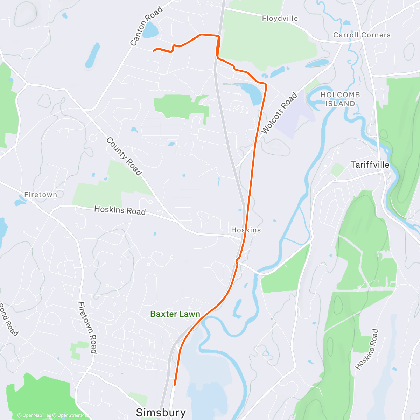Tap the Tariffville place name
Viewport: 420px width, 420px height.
point(370,164)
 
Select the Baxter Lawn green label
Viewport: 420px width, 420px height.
point(175,314)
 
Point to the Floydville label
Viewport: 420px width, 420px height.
point(280,18)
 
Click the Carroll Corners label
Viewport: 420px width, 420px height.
point(362,35)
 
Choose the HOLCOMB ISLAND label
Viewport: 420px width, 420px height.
point(340,99)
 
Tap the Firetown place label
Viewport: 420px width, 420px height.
point(41,195)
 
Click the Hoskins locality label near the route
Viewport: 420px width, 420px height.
point(246,230)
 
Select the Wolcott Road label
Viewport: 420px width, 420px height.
point(279,113)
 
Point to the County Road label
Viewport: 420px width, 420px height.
point(124,156)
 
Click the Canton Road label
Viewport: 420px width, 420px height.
point(146,26)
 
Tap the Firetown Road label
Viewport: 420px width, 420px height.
point(87,328)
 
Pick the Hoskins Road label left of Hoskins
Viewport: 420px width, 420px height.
point(120,210)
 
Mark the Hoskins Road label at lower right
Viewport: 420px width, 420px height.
point(367,349)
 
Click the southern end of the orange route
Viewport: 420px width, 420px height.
point(174,385)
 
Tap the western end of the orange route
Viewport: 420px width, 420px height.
point(154,51)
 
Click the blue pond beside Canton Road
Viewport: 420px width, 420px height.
point(150,30)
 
